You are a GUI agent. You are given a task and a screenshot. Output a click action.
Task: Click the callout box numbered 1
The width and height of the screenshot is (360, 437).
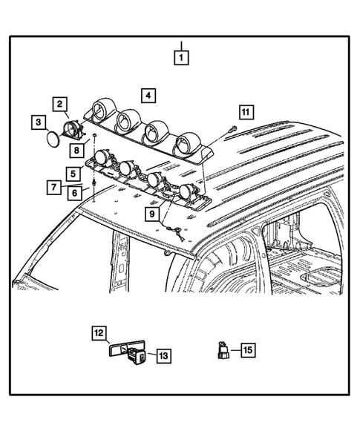click(x=181, y=56)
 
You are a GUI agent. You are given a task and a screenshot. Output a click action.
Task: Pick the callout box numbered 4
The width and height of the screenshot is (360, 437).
click(x=149, y=95)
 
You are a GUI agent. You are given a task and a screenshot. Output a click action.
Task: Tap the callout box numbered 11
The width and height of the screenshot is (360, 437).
click(x=245, y=112)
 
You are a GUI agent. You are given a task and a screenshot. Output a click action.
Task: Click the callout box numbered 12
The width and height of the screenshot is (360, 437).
click(x=99, y=335)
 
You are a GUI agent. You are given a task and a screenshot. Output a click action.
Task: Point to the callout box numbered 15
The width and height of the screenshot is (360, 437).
click(x=247, y=349)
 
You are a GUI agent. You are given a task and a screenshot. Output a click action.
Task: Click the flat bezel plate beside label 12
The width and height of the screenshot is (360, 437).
click(x=119, y=348)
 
